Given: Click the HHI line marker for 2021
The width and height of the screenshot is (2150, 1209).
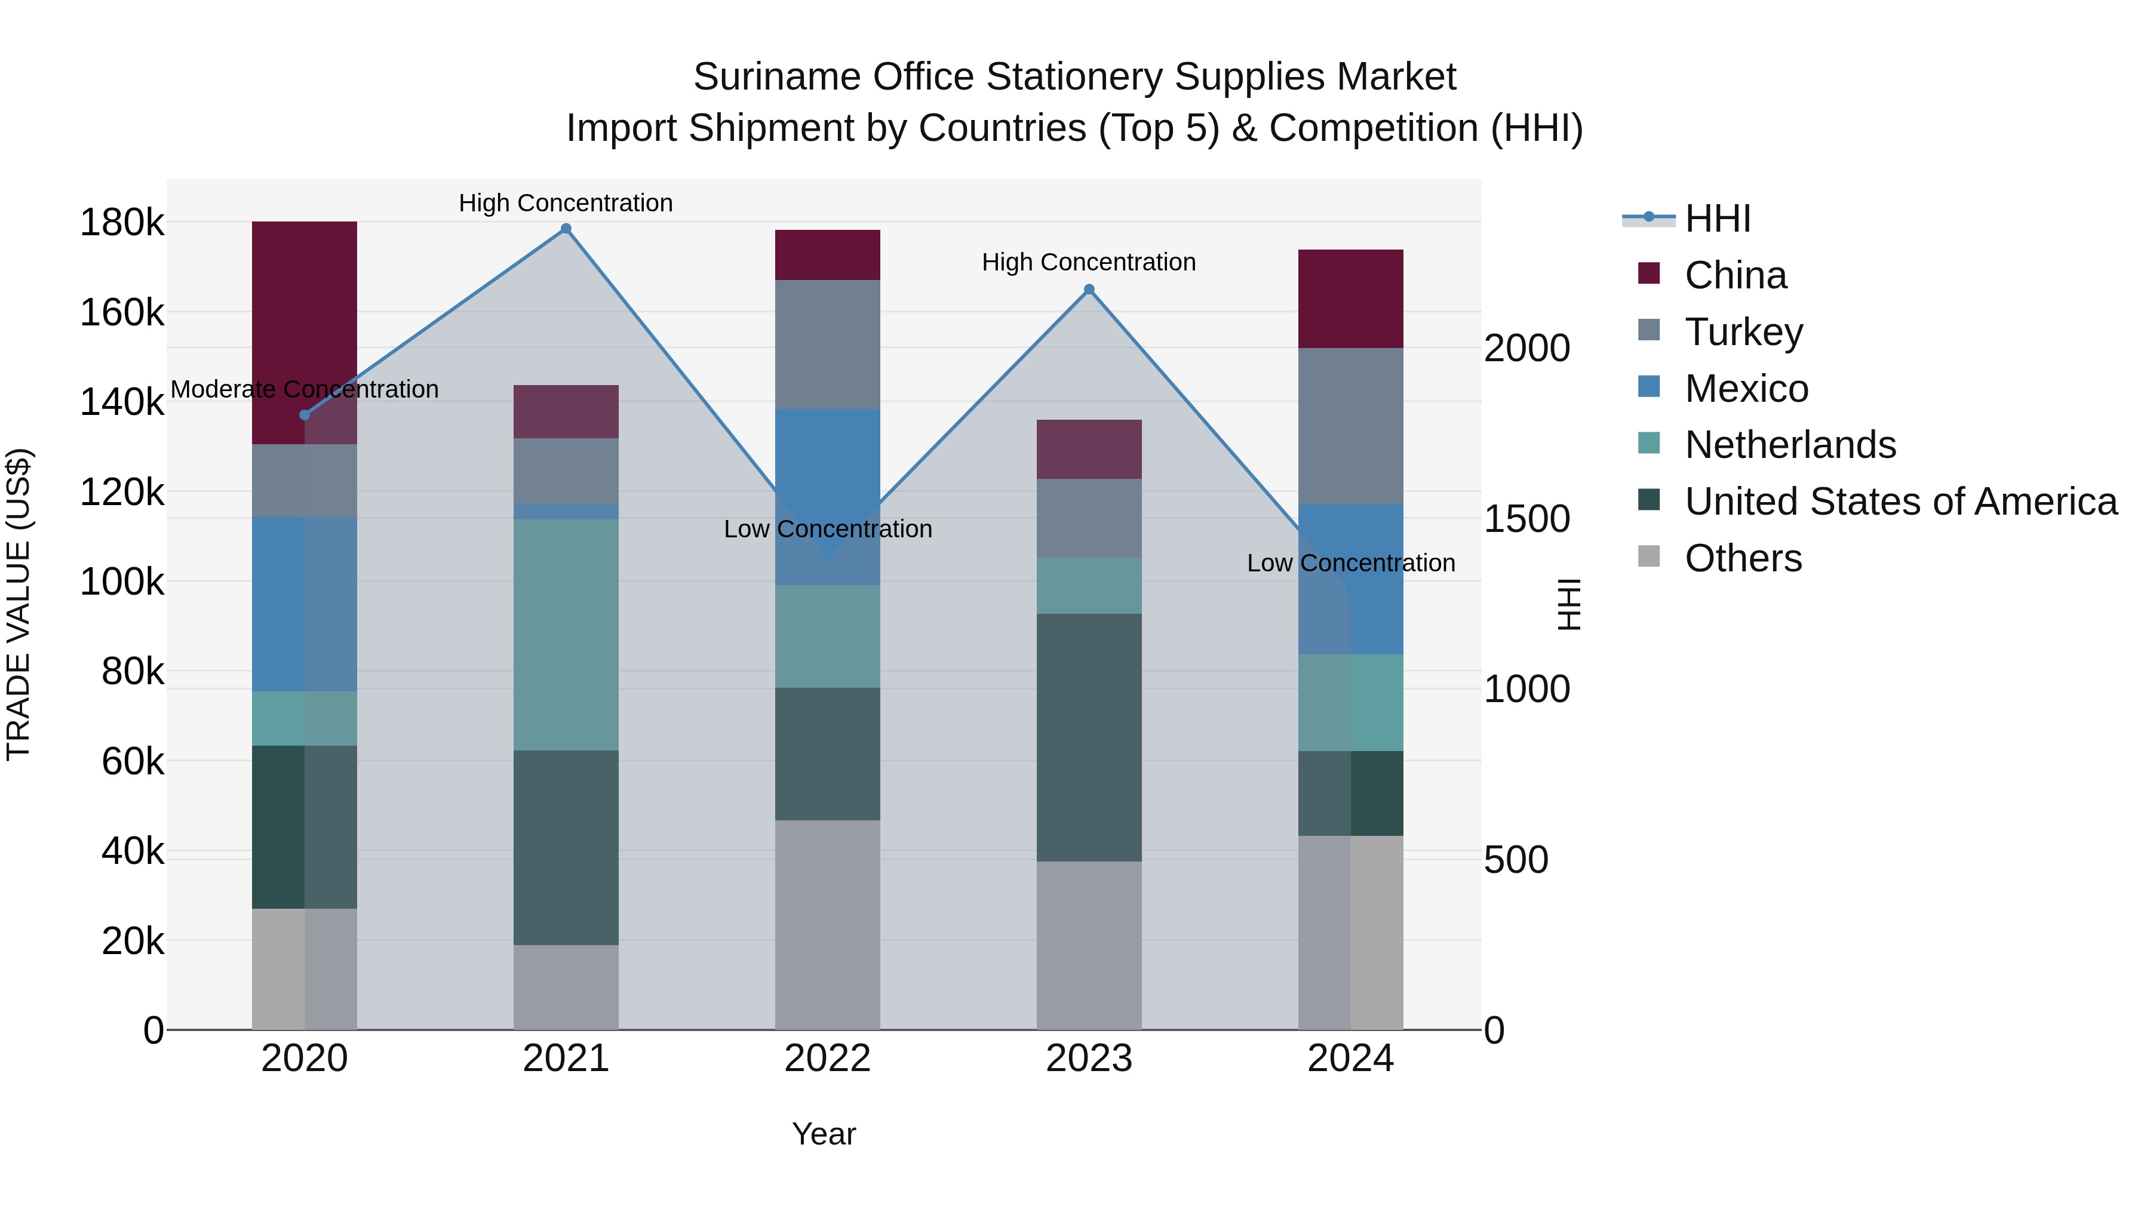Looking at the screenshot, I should pos(566,229).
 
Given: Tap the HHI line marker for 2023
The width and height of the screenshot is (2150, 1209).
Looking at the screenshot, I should pos(1089,290).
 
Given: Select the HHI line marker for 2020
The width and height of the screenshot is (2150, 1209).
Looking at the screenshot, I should pos(305,415).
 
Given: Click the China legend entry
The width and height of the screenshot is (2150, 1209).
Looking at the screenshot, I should pos(1735,275).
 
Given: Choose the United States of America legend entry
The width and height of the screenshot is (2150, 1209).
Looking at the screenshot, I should pos(1900,502).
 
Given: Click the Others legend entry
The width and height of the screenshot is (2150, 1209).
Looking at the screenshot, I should pos(1743,558).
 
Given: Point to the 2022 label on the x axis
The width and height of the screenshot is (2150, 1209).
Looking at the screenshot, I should pos(827,1059).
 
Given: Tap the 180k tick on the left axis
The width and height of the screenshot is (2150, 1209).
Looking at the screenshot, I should pos(122,223).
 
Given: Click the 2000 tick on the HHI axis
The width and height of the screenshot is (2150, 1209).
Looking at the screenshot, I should pos(1526,348).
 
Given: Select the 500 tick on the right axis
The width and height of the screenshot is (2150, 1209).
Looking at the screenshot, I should pos(1516,859).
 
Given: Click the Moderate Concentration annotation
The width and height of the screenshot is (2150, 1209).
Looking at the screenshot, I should pos(305,390).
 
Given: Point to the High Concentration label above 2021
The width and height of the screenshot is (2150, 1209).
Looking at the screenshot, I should pos(566,203).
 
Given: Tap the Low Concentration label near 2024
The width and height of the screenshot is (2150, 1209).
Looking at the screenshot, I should pos(1350,563).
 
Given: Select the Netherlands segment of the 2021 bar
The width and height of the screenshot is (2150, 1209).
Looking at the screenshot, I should pos(566,634).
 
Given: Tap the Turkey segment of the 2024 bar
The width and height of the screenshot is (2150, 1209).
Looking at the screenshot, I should pos(1350,426).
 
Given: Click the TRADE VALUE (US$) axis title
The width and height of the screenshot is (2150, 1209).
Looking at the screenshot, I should pos(19,604).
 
